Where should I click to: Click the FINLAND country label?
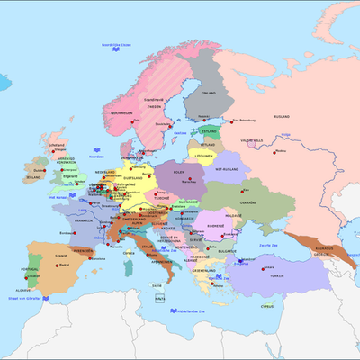(x=209, y=92)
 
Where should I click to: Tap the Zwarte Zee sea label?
(x=267, y=245)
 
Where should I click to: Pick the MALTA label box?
(x=160, y=297)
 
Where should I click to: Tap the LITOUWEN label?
(x=210, y=154)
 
